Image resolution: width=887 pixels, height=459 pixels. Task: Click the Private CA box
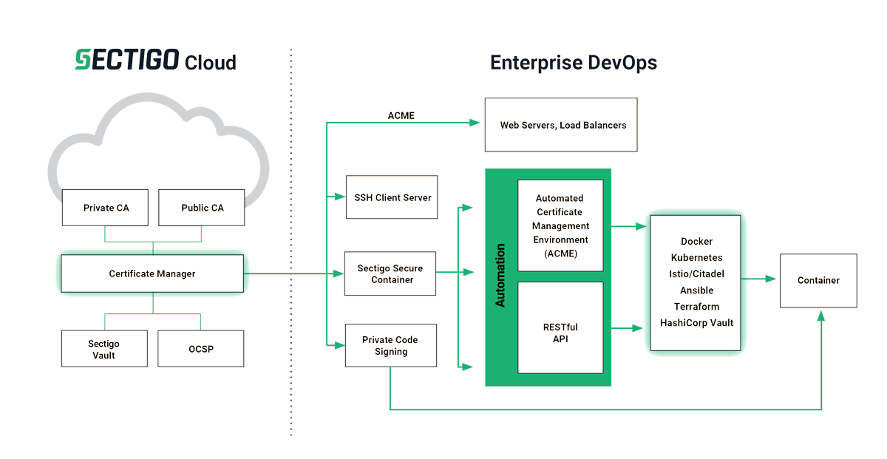[x=106, y=208]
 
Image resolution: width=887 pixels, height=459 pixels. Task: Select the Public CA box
[x=202, y=208]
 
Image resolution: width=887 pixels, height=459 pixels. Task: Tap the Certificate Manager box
[x=152, y=273]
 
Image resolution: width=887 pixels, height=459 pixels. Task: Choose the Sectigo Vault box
[x=104, y=349]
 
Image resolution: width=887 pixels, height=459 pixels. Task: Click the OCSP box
[x=200, y=349]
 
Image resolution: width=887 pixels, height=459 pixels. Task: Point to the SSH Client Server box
[x=392, y=197]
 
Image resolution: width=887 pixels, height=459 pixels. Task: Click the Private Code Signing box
[x=390, y=346]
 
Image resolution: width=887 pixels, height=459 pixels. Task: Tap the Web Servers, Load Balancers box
[x=563, y=126]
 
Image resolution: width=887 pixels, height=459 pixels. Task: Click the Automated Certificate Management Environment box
[x=560, y=225]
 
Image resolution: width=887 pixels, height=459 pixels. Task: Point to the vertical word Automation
[x=500, y=276]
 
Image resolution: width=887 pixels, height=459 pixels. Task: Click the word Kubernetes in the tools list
[x=696, y=258]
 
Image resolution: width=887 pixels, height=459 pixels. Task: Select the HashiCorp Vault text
[x=696, y=323]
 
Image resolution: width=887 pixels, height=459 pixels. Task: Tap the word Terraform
[x=696, y=307]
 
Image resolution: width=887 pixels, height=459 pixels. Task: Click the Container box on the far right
[x=818, y=280]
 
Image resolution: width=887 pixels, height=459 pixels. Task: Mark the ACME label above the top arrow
[x=401, y=116]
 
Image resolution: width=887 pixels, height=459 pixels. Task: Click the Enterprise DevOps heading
[x=574, y=63]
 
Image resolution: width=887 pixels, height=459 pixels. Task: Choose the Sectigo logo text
[x=126, y=61]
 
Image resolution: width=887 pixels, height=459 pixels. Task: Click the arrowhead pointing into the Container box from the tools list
[x=772, y=279]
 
